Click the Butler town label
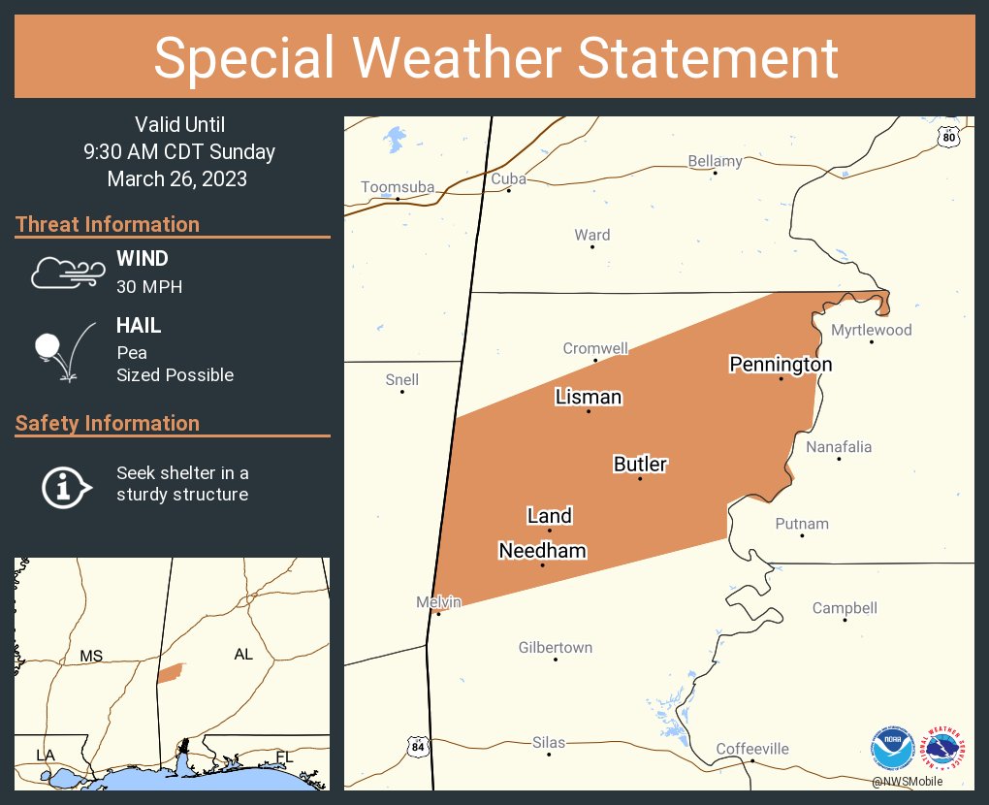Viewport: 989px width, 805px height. pos(640,465)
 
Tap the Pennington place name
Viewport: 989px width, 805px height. pos(781,365)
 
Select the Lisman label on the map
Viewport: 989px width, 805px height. pos(588,397)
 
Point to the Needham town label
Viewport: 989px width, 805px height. pos(542,551)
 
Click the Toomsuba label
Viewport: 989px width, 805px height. pos(398,187)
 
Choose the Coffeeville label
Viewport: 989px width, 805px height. pos(752,749)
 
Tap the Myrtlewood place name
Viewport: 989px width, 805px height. pos(871,330)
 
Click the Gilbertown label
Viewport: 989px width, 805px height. pos(555,648)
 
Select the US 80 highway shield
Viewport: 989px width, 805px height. pos(949,138)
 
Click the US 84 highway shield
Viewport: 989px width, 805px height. pos(417,746)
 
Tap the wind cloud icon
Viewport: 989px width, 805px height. pos(66,273)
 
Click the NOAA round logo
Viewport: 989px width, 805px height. pos(892,749)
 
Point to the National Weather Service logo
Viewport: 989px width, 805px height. pos(944,749)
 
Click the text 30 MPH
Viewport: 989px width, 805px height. pos(148,287)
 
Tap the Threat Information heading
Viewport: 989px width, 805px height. pos(108,224)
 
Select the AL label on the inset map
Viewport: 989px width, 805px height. pos(243,655)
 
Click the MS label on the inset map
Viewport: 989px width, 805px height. pos(91,657)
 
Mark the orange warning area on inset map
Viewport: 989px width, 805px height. pos(170,672)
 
